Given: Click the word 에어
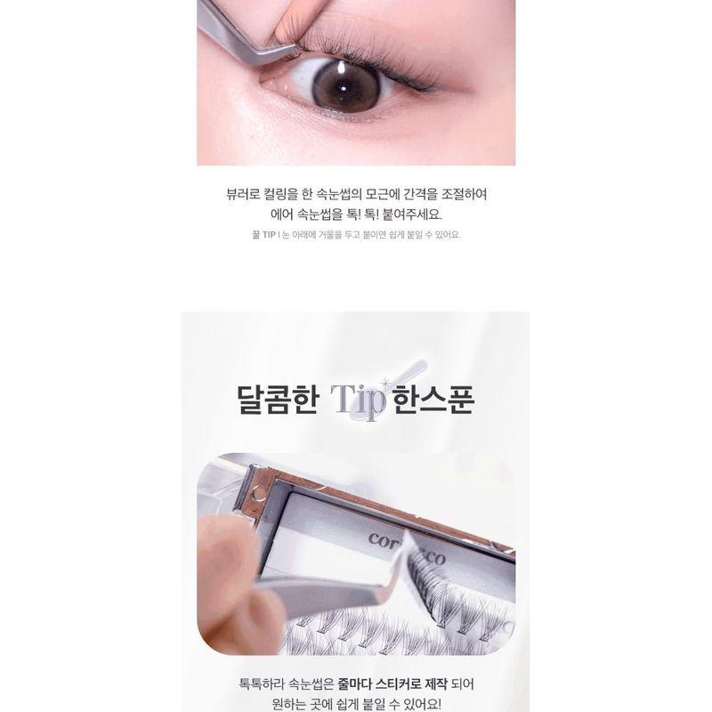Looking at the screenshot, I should click(x=282, y=214).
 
